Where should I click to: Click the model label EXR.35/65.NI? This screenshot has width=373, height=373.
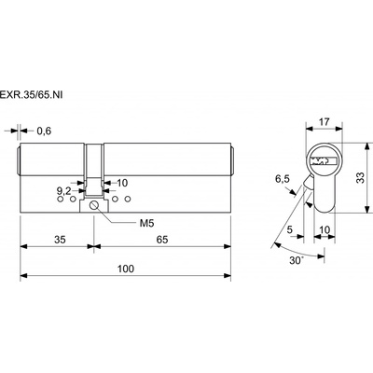pyautogui.click(x=31, y=95)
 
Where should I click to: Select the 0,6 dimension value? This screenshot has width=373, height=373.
pyautogui.click(x=44, y=131)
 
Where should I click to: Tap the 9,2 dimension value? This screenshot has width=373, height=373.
pyautogui.click(x=64, y=190)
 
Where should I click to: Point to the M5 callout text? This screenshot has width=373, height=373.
pyautogui.click(x=146, y=223)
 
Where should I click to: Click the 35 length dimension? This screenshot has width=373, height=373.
pyautogui.click(x=60, y=240)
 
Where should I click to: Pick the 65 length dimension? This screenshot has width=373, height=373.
pyautogui.click(x=162, y=240)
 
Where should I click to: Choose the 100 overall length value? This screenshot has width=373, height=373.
pyautogui.click(x=126, y=269)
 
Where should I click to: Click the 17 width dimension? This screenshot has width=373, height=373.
pyautogui.click(x=324, y=122)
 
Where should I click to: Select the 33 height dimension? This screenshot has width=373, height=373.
pyautogui.click(x=360, y=178)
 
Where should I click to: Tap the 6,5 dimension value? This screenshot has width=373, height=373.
pyautogui.click(x=283, y=179)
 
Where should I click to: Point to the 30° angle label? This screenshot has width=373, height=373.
pyautogui.click(x=297, y=260)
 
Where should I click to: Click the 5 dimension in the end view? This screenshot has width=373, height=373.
pyautogui.click(x=290, y=229)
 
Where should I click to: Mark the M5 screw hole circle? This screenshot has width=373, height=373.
pyautogui.click(x=94, y=205)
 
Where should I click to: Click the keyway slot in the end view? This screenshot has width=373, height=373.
pyautogui.click(x=324, y=160)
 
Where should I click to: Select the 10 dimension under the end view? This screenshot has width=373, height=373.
pyautogui.click(x=325, y=229)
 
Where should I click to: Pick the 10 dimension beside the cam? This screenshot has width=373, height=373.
pyautogui.click(x=122, y=183)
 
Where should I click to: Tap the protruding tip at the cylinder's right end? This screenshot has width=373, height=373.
pyautogui.click(x=232, y=159)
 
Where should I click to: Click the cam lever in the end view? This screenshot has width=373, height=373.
pyautogui.click(x=309, y=182)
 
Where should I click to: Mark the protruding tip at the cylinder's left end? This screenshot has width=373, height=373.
pyautogui.click(x=18, y=159)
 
